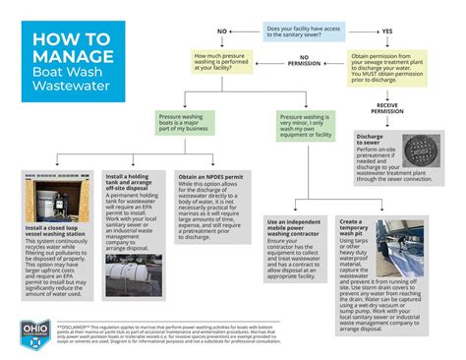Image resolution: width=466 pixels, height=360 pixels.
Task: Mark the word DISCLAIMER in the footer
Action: coord(79,324)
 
